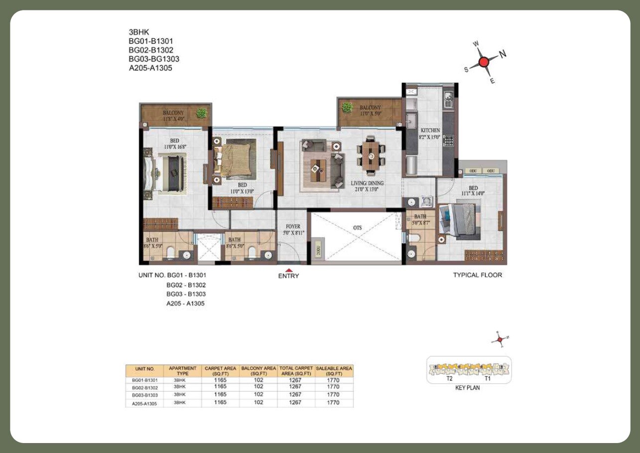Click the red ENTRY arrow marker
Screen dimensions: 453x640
pos(288,270)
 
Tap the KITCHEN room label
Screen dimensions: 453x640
pos(430,131)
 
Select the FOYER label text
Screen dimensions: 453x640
pos(293,226)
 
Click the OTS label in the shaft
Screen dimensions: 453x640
pos(357,228)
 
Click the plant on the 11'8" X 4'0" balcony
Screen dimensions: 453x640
pos(201,113)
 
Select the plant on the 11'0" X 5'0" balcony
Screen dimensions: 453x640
pos(348,107)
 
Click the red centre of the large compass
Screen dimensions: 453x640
pos(483,62)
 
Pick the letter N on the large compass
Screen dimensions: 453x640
pos(503,54)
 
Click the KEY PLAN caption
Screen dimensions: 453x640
pos(467,388)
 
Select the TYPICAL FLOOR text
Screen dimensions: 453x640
pos(477,275)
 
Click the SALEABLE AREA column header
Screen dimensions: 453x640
pos(334,371)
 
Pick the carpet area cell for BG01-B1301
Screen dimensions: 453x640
pos(220,380)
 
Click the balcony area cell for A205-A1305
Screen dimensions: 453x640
pos(258,403)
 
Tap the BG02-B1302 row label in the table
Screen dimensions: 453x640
pos(145,387)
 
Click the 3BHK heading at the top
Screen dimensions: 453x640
pos(139,32)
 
